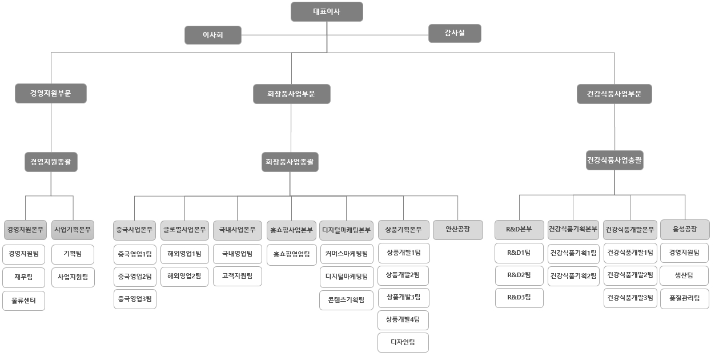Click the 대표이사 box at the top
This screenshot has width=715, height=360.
[327, 12]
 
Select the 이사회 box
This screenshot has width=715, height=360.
[212, 35]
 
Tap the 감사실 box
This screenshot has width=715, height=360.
[455, 33]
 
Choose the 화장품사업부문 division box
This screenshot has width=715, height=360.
[291, 94]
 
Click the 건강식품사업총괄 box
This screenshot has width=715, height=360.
[614, 161]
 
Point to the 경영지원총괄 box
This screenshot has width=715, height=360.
[51, 162]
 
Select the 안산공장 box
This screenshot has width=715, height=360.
[457, 229]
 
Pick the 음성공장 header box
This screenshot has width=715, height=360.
[685, 229]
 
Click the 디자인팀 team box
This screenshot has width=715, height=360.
[403, 342]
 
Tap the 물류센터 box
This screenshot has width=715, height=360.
[23, 301]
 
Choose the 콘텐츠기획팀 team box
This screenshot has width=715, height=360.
[346, 299]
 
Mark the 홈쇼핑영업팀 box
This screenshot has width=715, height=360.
[291, 254]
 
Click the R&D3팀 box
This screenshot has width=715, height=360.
[519, 298]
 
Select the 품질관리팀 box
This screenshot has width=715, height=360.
[685, 298]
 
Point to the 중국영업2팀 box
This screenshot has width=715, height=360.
[135, 276]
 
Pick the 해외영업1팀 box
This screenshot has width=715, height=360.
[184, 253]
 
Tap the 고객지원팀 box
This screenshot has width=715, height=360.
[237, 276]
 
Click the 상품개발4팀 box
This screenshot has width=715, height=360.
[403, 320]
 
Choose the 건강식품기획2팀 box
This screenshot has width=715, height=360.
[573, 276]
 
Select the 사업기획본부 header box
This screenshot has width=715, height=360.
[73, 230]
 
